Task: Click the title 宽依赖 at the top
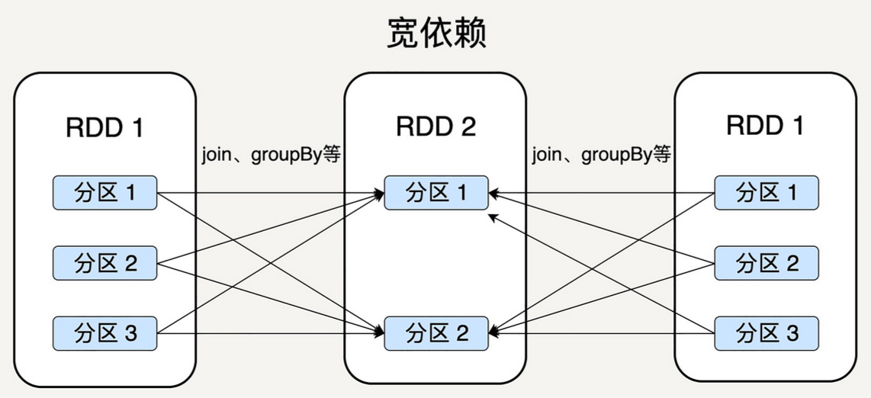coord(435,34)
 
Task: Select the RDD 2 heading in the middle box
coord(435,127)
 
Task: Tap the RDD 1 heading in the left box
coord(104,127)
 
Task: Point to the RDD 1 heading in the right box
coord(765,125)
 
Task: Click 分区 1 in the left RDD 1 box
coord(104,193)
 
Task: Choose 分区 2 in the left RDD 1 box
coord(104,264)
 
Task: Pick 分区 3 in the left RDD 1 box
coord(104,333)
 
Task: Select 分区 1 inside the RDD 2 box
coord(435,193)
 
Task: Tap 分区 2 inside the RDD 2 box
coord(435,333)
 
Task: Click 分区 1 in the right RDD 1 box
coord(766,193)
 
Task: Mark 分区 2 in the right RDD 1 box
coord(766,264)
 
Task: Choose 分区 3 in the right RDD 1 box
coord(766,333)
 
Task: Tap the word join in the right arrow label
coord(545,156)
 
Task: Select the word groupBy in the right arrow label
coord(616,156)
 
